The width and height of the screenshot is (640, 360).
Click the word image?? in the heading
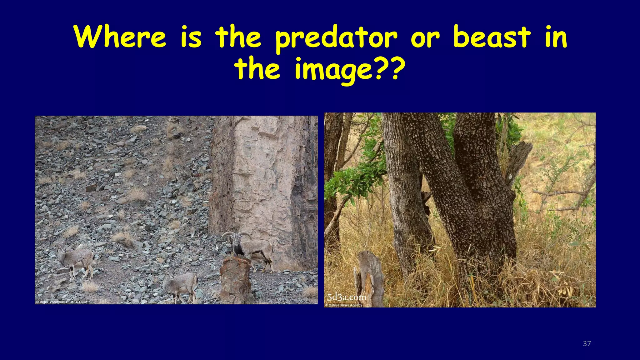[347, 69]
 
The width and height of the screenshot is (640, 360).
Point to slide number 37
[587, 344]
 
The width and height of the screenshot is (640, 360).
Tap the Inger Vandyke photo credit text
[62, 302]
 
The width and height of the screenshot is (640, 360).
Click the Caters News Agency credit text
[344, 305]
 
